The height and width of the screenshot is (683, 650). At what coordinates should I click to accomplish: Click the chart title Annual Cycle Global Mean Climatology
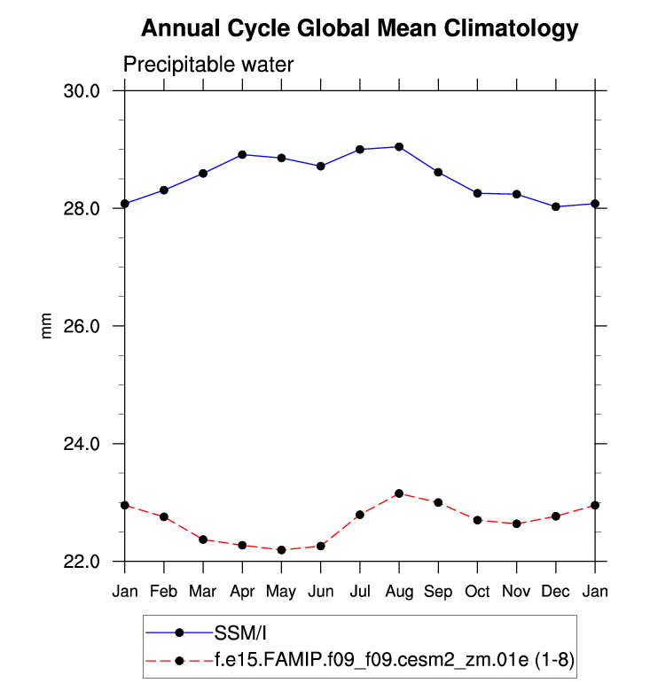pos(359,29)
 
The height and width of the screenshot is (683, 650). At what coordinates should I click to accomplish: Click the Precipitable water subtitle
pos(208,65)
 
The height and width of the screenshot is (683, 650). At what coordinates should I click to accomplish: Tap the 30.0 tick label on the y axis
pos(91,91)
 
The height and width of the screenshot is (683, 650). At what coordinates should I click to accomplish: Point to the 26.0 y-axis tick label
pos(91,326)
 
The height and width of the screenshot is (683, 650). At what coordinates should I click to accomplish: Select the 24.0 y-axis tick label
pos(91,444)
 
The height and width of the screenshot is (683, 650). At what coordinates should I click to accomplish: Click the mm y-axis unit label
pos(48,326)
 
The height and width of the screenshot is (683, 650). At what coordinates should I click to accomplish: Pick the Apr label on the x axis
pos(242,591)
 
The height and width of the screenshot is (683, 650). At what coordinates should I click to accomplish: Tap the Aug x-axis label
pos(399,591)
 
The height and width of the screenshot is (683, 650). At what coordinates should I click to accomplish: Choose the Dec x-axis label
pos(555,591)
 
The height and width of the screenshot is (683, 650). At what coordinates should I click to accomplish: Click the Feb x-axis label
pos(164,591)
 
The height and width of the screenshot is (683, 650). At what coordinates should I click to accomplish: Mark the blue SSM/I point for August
pos(399,146)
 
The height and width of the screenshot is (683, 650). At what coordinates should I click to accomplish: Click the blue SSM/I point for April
pos(242,154)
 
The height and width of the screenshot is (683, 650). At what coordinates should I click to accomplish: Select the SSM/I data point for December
pos(555,206)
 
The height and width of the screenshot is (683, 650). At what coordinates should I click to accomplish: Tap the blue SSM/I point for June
pos(321,166)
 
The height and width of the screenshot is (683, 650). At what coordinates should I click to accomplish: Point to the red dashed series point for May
pos(281,550)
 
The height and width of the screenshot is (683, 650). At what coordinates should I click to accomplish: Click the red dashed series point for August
pos(399,493)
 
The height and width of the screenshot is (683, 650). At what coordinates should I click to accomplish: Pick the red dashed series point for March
pos(203,539)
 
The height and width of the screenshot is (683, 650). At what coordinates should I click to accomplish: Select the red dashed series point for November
pos(516,524)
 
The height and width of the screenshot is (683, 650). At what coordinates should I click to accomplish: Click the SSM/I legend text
pos(240,633)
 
